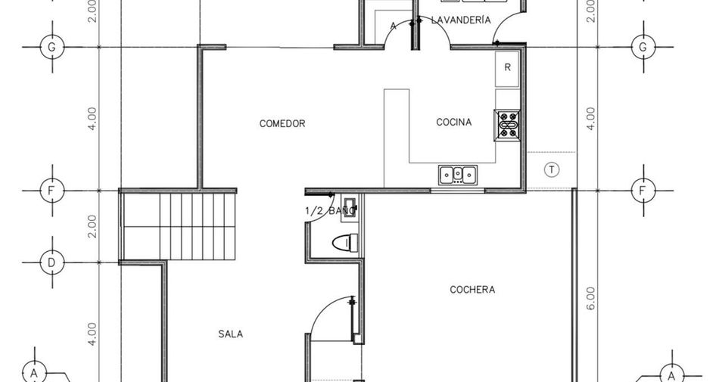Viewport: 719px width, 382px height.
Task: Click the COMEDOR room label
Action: click(x=282, y=123)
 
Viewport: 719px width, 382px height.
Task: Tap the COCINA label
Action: click(x=453, y=123)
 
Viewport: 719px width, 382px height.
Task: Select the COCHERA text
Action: click(x=472, y=290)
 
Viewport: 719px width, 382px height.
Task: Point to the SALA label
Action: click(x=231, y=334)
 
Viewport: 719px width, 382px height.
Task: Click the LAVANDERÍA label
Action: click(x=461, y=20)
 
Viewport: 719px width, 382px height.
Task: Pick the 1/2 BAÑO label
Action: click(x=330, y=211)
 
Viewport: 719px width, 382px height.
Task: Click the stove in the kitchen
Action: click(x=507, y=125)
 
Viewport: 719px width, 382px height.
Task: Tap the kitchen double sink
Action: click(x=458, y=175)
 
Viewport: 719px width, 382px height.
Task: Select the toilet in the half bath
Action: click(x=345, y=243)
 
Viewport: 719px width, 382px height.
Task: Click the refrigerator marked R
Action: click(x=507, y=69)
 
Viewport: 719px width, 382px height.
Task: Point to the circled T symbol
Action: click(x=552, y=170)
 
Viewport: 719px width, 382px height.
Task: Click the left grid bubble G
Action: click(x=52, y=47)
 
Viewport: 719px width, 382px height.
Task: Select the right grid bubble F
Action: click(x=643, y=190)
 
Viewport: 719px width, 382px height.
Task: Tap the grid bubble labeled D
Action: click(x=52, y=263)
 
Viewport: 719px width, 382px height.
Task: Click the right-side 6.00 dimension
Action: click(x=590, y=298)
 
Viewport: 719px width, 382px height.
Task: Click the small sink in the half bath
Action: click(x=348, y=210)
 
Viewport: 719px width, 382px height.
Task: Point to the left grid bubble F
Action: click(x=52, y=190)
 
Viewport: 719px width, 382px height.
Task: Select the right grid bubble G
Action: click(x=643, y=47)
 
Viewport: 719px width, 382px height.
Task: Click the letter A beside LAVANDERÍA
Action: click(x=393, y=26)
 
